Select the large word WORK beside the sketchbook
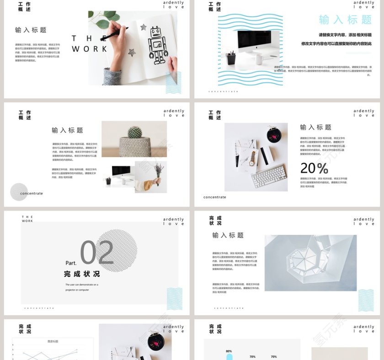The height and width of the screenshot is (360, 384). (x=90, y=49)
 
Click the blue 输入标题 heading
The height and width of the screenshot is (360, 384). (x=345, y=20)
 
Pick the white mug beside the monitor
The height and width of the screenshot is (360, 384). (x=259, y=59)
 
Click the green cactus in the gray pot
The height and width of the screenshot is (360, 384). (x=134, y=132)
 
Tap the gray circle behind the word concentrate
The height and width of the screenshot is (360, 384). (x=19, y=192)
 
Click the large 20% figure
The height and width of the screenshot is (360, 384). (x=314, y=168)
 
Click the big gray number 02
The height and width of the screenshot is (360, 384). (x=97, y=253)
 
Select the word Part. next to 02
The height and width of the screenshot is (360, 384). (x=71, y=263)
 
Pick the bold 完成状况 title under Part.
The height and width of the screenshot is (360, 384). (x=82, y=274)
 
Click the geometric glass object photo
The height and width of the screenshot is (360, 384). (x=310, y=263)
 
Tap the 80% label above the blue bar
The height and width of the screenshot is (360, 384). (x=229, y=351)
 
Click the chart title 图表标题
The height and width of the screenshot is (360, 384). (x=53, y=341)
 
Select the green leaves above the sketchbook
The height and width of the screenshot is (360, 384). (x=102, y=19)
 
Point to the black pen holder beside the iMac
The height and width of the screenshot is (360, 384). (x=231, y=58)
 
